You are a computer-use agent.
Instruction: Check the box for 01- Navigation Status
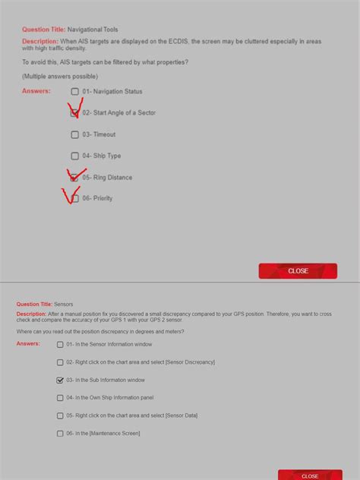(74, 92)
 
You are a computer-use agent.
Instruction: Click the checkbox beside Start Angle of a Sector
(74, 113)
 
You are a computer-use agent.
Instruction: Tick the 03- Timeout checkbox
(74, 134)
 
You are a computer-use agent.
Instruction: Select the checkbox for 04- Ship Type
(74, 156)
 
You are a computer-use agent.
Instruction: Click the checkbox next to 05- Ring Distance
(74, 177)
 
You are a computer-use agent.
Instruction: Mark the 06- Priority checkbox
(74, 198)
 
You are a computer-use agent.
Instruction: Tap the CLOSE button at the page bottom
(309, 475)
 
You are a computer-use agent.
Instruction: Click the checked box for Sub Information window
(60, 380)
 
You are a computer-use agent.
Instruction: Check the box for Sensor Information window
(60, 344)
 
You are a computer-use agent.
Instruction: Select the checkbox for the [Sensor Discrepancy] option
(60, 362)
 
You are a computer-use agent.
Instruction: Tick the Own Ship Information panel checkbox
(60, 397)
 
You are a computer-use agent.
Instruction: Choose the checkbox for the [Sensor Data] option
(60, 415)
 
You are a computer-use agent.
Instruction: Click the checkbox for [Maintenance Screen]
(60, 434)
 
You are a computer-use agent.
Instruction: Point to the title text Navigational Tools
(93, 30)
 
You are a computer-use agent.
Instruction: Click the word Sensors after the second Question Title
(64, 304)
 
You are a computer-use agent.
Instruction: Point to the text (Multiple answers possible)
(60, 77)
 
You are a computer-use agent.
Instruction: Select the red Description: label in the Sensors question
(31, 314)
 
